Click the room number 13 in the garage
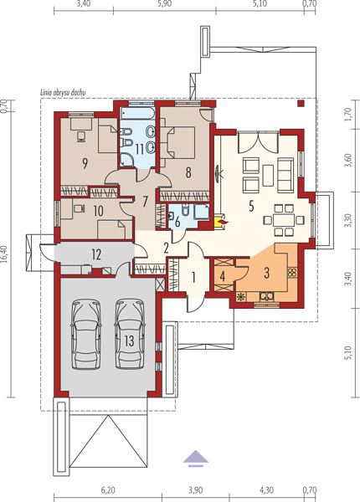[x=129, y=341]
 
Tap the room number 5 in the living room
[x=251, y=206]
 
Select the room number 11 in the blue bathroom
[x=140, y=150]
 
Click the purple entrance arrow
[x=196, y=458]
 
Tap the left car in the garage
[x=86, y=334]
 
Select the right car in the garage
[x=130, y=334]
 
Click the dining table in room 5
[x=284, y=220]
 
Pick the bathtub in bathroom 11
[x=138, y=112]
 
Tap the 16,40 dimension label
[x=4, y=254]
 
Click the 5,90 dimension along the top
[x=165, y=4]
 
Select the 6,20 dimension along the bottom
[x=108, y=490]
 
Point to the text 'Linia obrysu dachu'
[x=63, y=93]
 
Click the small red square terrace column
[x=301, y=103]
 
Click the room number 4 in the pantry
[x=223, y=276]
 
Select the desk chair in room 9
[x=81, y=136]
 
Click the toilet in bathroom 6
[x=186, y=210]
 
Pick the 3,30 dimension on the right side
[x=348, y=220]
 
